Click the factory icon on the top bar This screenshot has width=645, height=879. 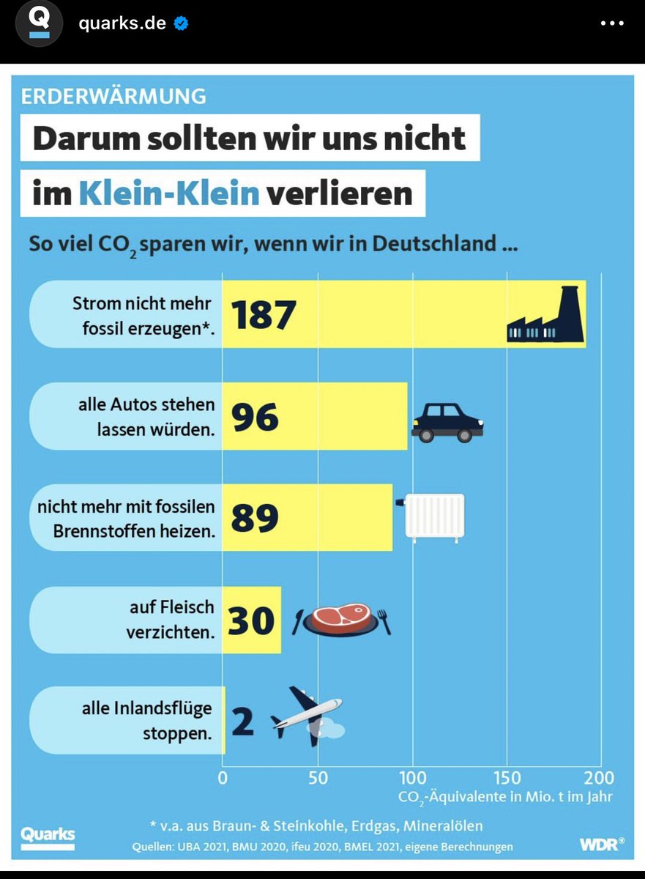coord(545,316)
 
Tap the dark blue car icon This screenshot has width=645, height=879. coord(447,423)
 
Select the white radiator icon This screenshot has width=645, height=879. coord(434,517)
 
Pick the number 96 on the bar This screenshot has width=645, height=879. coord(255,417)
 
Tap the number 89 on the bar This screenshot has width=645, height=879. coord(255,518)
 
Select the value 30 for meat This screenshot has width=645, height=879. coord(251,620)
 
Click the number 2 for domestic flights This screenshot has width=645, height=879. coord(242,721)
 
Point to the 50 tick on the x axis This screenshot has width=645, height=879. coord(318,778)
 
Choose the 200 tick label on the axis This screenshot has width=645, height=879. coord(600,778)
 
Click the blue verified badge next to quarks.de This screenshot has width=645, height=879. coord(181,23)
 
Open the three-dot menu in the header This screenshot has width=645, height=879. coord(612,23)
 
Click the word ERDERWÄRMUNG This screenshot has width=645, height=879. coord(113,96)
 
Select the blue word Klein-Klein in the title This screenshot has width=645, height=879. coord(169,194)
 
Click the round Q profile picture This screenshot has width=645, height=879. coord(39,23)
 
